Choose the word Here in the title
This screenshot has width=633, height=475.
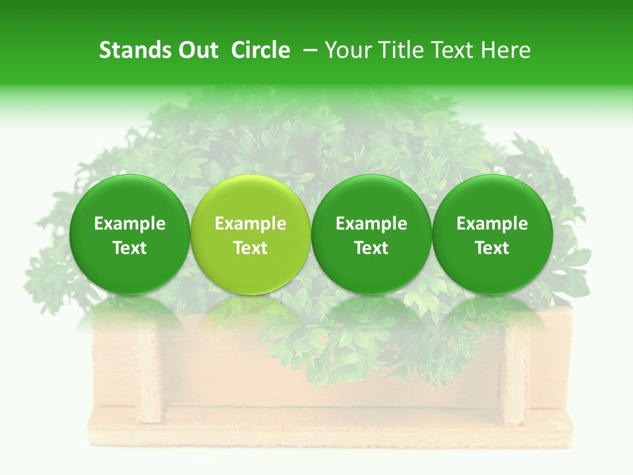click(507, 50)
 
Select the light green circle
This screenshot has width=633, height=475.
click(251, 234)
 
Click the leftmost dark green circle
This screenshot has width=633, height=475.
click(130, 234)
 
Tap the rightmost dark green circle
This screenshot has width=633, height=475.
click(493, 234)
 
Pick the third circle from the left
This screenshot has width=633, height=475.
click(371, 234)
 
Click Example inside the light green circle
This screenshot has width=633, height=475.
click(251, 224)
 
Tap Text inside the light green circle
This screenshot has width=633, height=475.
click(251, 248)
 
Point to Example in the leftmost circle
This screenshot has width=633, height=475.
click(130, 224)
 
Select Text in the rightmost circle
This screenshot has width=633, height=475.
click(493, 248)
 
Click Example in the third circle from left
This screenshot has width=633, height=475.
click(371, 224)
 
